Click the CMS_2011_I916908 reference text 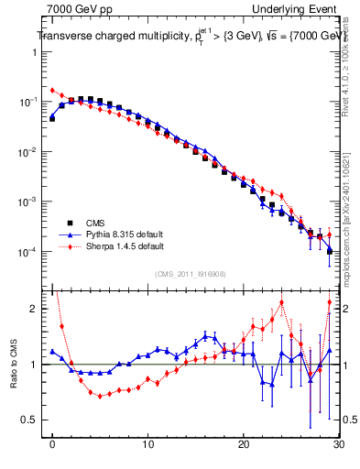[191, 274]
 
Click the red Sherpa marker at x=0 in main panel [52, 91]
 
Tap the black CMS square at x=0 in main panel [52, 118]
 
